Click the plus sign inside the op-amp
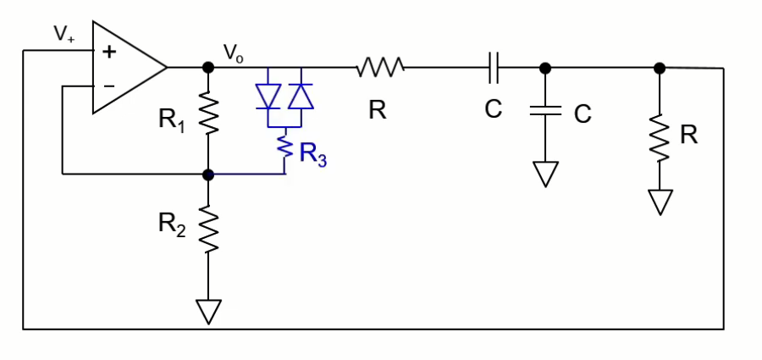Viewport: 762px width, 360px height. click(x=108, y=51)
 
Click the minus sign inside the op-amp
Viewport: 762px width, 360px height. click(x=108, y=85)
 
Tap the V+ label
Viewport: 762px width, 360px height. click(x=63, y=34)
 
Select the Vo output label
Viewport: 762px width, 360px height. click(x=234, y=53)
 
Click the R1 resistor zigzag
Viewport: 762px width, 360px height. click(x=208, y=114)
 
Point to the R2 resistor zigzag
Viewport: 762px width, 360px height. click(x=208, y=227)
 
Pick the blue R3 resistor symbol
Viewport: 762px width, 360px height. click(x=285, y=151)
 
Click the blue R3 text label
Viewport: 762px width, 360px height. click(x=312, y=156)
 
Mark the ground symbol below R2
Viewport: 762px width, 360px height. click(x=208, y=311)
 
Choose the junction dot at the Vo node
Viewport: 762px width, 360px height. click(x=208, y=67)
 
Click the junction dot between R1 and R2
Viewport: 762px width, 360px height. click(x=208, y=174)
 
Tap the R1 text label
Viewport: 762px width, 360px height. click(x=173, y=119)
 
